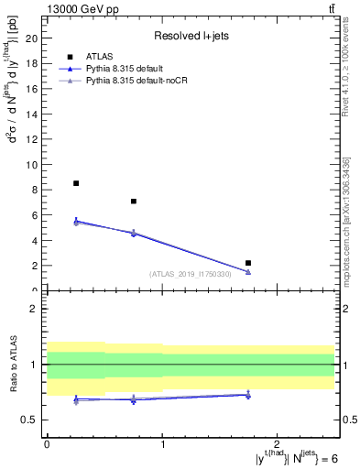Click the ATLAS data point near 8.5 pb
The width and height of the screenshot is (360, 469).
(76, 183)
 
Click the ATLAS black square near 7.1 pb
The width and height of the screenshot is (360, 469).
(134, 201)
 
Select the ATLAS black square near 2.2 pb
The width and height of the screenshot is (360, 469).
(248, 263)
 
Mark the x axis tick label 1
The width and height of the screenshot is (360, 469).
(162, 444)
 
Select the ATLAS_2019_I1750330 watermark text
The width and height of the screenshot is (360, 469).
(190, 274)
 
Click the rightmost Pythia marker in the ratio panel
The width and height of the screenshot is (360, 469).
(248, 395)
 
